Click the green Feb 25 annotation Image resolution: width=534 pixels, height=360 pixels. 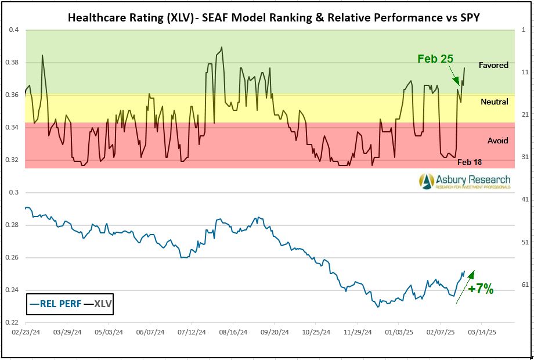435,59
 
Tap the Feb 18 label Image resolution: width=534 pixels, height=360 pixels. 469,162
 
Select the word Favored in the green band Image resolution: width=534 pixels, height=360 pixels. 493,65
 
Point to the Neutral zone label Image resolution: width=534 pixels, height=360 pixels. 494,102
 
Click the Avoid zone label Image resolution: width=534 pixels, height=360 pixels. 497,141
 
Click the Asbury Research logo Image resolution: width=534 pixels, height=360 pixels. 464,181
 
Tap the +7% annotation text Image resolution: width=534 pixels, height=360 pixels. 481,289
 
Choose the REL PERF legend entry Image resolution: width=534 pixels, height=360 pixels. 56,303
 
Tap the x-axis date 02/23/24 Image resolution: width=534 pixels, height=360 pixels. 26,333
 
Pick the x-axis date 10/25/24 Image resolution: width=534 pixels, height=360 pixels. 317,333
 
